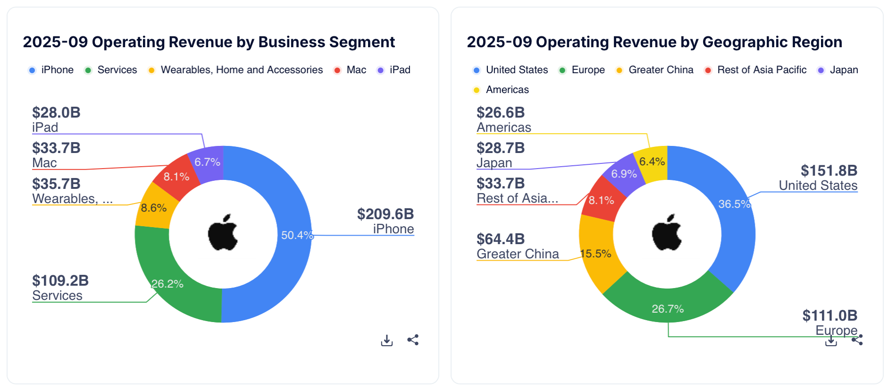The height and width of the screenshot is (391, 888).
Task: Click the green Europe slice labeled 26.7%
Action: tap(668, 305)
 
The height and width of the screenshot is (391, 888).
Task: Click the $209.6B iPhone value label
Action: tap(385, 214)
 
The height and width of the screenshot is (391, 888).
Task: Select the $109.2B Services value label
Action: tap(60, 281)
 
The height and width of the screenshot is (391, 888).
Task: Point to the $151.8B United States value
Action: tap(829, 171)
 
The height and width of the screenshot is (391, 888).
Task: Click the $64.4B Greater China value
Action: tap(501, 239)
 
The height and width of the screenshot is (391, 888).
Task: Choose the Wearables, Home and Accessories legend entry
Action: tap(241, 70)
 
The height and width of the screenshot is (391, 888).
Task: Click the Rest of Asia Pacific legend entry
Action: tap(761, 70)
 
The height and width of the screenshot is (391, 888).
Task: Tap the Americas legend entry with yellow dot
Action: tap(507, 90)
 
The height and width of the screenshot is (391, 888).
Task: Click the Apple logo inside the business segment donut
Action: tap(223, 233)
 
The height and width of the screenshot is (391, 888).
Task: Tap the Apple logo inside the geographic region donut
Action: tap(667, 233)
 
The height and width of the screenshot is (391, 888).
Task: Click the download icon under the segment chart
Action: tap(387, 340)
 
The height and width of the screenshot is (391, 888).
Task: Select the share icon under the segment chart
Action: tap(413, 340)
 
